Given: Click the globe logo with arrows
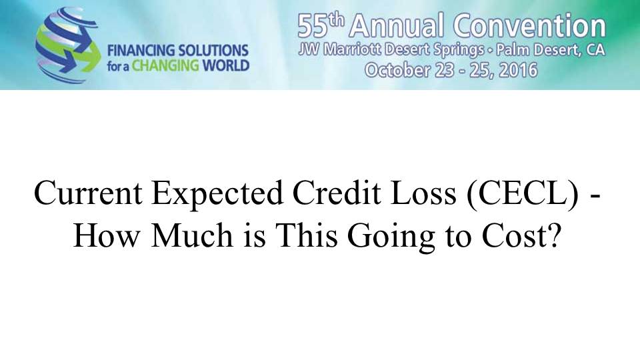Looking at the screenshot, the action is (x=68, y=45).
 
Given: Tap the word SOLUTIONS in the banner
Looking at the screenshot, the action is (x=214, y=51).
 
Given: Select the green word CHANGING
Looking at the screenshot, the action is (x=165, y=66).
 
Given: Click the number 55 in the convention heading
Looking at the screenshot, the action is (x=313, y=26).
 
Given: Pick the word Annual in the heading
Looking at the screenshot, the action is (x=396, y=25).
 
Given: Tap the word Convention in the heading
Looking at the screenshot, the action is (x=530, y=25).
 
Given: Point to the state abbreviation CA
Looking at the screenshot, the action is (x=595, y=50).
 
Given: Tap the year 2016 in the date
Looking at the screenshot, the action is (x=519, y=70).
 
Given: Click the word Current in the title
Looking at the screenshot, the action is (x=88, y=193).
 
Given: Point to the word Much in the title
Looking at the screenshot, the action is (x=192, y=236).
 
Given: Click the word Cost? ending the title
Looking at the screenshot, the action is (x=521, y=236).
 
